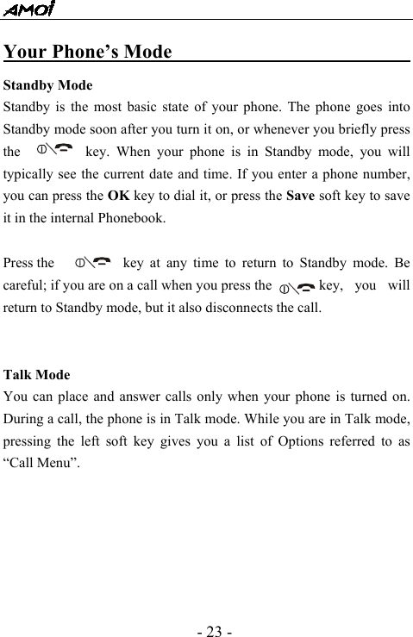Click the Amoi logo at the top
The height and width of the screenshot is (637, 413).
28,9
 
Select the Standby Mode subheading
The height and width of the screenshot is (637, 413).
48,86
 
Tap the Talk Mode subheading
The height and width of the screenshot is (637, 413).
37,375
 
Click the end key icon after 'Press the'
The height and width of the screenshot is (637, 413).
93,261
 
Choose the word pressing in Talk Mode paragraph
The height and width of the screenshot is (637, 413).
31,442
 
